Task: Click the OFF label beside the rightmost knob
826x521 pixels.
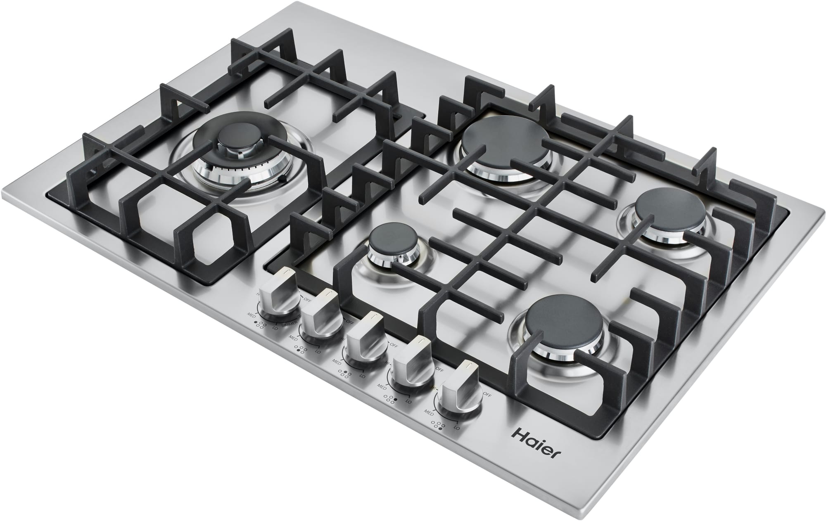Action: click(x=487, y=395)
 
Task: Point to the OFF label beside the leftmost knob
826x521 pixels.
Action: click(x=308, y=298)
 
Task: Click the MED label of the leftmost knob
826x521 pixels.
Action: click(x=250, y=313)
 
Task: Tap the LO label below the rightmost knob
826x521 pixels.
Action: click(x=456, y=428)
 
